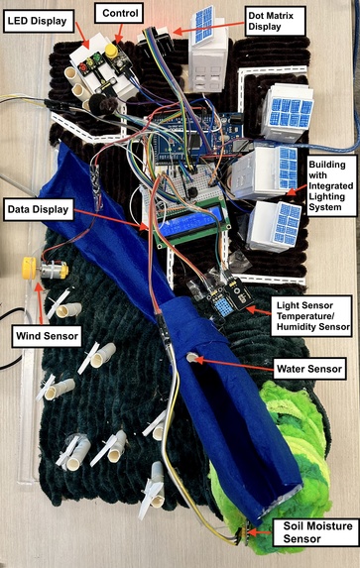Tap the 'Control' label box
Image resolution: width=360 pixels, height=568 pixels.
(x=120, y=13)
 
